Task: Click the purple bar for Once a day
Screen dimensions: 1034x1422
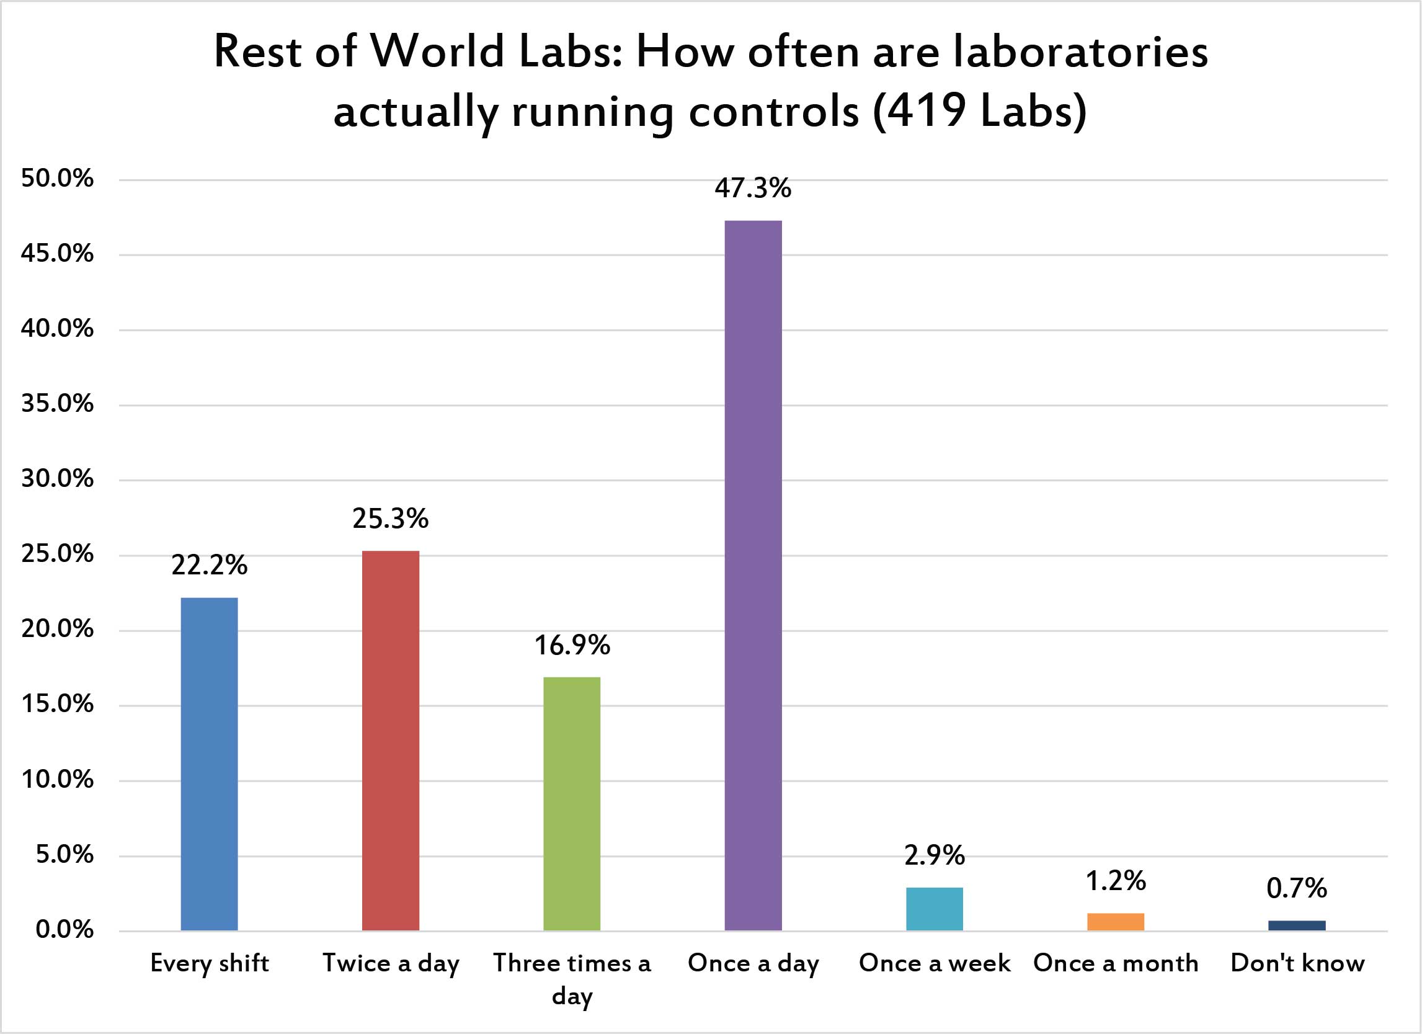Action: [x=753, y=575]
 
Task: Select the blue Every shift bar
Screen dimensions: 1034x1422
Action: [x=210, y=764]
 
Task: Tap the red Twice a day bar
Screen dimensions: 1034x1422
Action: [x=391, y=741]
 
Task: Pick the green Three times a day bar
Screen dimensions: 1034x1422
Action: [x=572, y=803]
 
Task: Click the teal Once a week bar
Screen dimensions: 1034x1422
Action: [x=934, y=909]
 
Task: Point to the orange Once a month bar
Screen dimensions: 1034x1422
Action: [x=1116, y=922]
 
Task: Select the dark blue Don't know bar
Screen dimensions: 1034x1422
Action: [x=1297, y=925]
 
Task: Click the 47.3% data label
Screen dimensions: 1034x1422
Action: [x=753, y=188]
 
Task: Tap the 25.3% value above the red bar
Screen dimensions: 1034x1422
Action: [x=391, y=519]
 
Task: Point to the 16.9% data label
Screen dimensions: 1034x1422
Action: [x=572, y=645]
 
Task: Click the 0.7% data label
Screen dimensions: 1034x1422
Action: [x=1297, y=888]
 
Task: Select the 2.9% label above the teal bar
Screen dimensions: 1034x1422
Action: [x=934, y=855]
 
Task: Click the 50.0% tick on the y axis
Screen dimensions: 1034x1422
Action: [x=57, y=179]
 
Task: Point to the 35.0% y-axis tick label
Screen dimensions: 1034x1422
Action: [x=57, y=404]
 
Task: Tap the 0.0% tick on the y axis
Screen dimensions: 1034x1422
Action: [x=64, y=930]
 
